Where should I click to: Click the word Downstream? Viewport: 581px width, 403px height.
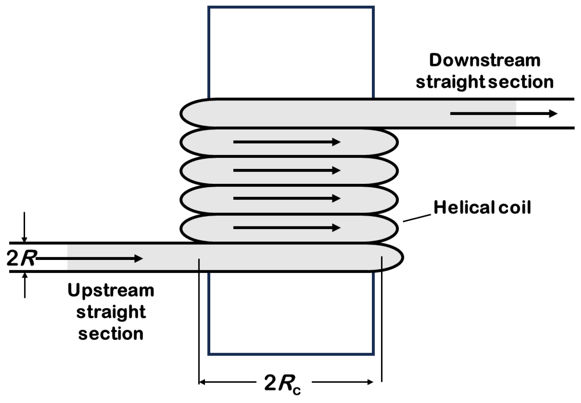pos(484,60)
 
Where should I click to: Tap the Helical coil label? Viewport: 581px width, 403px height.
pos(482,207)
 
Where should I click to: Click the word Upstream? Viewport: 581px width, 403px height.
pos(111,291)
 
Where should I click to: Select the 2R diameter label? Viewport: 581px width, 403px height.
pos(21,258)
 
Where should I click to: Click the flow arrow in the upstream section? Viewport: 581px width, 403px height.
pos(89,259)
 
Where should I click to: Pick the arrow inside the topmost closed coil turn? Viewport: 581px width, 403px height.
pos(287,142)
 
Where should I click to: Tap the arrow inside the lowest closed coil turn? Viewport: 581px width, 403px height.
pos(287,228)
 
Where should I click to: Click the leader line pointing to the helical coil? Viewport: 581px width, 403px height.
pos(417,218)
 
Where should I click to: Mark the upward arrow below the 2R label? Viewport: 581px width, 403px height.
pos(25,285)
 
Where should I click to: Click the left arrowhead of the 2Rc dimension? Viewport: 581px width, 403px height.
pos(203,382)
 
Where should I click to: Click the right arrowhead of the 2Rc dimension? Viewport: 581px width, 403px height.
pos(370,382)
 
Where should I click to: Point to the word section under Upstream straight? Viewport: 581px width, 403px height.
pos(111,334)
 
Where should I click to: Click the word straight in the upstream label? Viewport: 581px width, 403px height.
pos(111,312)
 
